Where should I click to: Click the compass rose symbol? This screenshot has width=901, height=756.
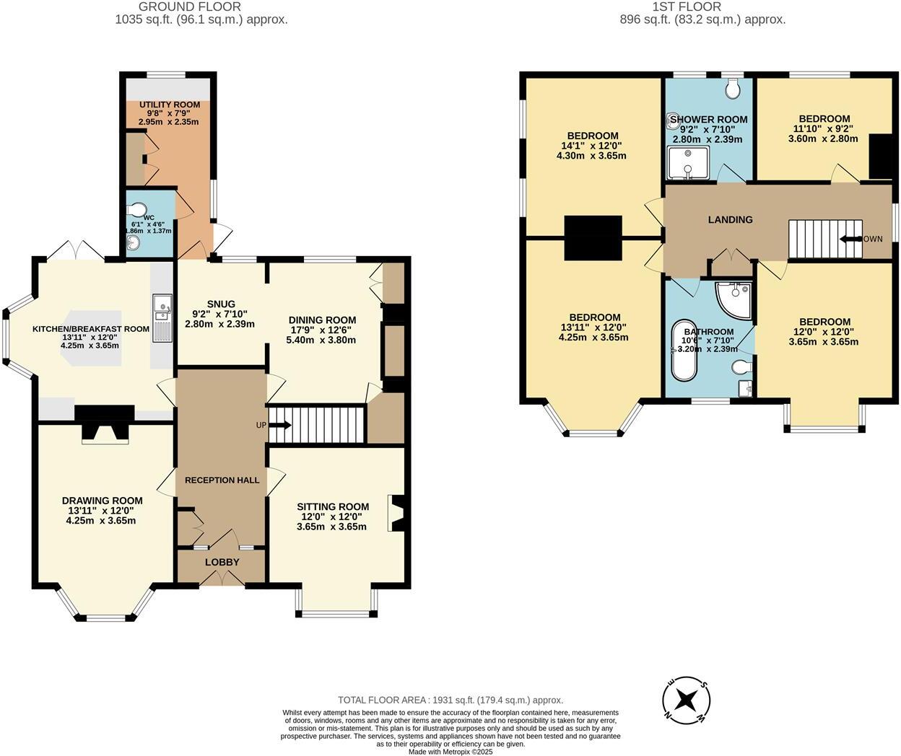(687, 699)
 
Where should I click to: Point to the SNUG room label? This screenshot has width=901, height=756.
(221, 304)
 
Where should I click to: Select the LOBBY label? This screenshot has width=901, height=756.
(222, 562)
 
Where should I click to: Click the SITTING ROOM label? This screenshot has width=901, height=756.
(333, 506)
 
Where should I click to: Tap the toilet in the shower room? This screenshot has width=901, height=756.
(733, 89)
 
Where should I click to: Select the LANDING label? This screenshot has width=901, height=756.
(730, 219)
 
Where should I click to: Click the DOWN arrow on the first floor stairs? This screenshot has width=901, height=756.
(852, 239)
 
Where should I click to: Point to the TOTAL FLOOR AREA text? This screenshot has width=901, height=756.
(450, 700)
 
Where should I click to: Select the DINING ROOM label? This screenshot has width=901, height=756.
(322, 320)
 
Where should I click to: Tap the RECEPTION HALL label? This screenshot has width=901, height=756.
(222, 480)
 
